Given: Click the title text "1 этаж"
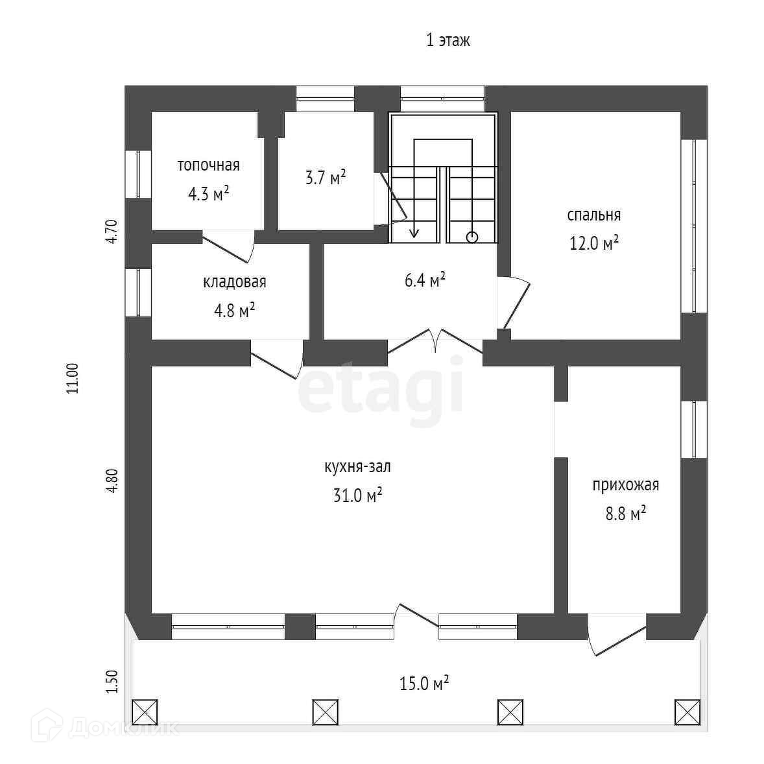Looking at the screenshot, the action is tap(448, 40).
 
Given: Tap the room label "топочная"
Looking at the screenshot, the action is tap(208, 165).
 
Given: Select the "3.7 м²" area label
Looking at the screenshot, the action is tap(326, 177).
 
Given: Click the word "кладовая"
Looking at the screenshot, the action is tap(235, 282).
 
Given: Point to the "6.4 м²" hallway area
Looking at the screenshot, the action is tap(425, 280).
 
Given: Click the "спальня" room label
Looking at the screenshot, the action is tap(593, 215).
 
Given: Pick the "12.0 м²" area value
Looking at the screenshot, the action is tap(593, 243).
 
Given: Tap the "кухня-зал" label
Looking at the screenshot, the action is tap(357, 467).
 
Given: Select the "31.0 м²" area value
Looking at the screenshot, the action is tap(357, 495).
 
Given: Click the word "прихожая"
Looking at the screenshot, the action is tap(625, 485).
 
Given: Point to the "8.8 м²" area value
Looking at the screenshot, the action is tap(625, 514).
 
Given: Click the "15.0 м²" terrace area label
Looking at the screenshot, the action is tap(425, 683).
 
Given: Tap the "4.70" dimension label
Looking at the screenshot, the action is tap(111, 232).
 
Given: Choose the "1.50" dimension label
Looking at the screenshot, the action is tap(111, 682).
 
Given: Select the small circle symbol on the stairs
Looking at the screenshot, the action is tap(472, 237).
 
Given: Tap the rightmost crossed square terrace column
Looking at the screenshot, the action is tap(687, 712).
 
